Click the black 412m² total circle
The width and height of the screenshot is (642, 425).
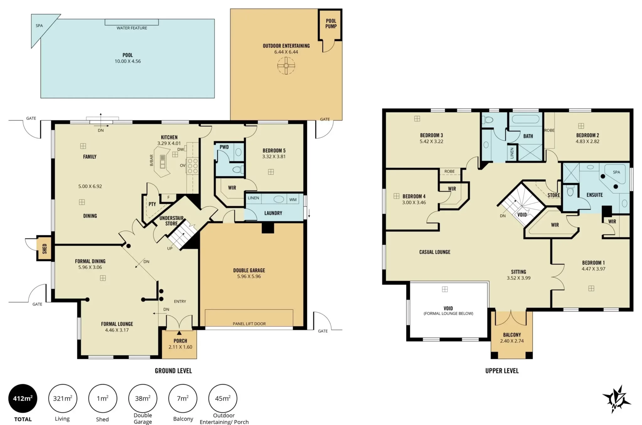point(23,398)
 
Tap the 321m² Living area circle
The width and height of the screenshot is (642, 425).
point(63,398)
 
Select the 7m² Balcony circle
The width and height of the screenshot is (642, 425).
point(183,398)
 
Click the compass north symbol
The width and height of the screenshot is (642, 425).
point(616,399)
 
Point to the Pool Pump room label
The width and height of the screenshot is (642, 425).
point(331,23)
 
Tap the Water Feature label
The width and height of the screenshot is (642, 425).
point(132,28)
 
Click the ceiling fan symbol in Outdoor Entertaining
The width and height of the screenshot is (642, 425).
point(286,66)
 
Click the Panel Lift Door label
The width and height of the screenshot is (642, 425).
point(249,324)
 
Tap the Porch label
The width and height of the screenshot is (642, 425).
point(180,341)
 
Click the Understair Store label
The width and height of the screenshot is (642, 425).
point(171,221)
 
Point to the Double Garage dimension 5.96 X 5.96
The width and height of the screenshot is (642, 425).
point(249,276)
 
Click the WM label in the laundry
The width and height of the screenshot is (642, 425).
point(293,200)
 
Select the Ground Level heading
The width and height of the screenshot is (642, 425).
point(173,371)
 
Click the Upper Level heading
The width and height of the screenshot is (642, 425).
point(502,371)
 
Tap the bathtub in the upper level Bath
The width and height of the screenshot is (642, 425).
point(526,119)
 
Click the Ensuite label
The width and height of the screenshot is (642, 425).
point(595,195)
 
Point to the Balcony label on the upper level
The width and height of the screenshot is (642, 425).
point(512,335)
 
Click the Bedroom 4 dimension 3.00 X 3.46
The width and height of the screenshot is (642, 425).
point(414,202)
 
